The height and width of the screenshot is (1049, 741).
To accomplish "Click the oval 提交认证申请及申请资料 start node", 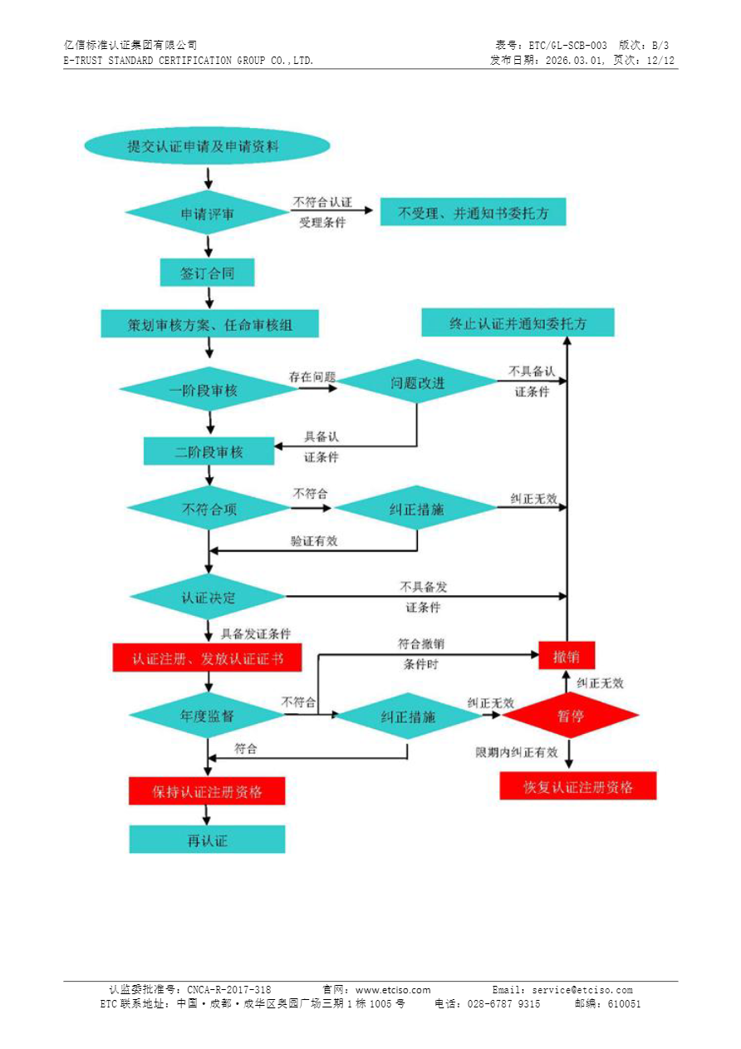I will [207, 147].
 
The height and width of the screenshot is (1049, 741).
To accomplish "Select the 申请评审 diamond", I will [208, 214].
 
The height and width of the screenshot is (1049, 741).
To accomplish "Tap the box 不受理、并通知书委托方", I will [474, 213].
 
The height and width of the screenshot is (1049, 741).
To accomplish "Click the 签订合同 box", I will [207, 273].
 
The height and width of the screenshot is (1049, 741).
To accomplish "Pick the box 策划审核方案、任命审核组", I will [209, 324].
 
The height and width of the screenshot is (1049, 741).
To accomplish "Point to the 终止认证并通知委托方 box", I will [518, 323].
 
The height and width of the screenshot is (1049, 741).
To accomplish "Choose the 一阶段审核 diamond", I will [203, 390].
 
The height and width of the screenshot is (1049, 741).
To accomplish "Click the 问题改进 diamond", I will [417, 382].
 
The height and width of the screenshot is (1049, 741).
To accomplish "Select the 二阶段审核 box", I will [209, 452].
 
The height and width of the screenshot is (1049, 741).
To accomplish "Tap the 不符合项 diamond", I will [209, 509].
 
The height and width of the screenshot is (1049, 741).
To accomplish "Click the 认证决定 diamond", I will [208, 597].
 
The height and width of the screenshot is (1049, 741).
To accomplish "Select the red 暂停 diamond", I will [570, 715].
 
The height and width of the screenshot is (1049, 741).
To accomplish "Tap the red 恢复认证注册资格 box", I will [577, 786].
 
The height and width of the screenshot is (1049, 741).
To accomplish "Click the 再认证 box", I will [207, 840].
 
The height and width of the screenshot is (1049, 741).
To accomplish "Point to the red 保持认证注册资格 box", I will [207, 791].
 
